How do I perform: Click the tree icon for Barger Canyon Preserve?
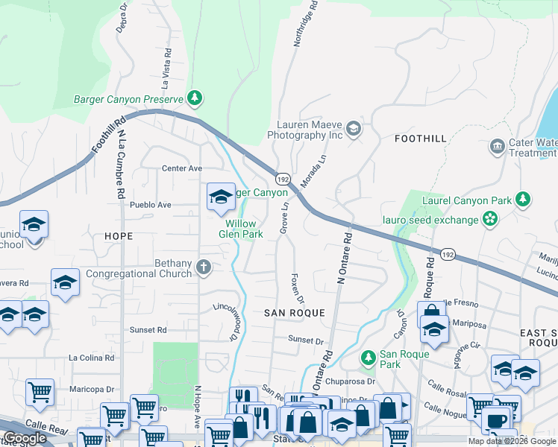tap(195, 98)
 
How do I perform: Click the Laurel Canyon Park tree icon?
tap(524, 199)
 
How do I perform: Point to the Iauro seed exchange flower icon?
tap(490, 219)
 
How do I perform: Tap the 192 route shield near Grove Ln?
tap(283, 180)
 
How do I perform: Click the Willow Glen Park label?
tap(241, 229)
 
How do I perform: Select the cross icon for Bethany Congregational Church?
tap(204, 267)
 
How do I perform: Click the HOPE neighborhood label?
tap(119, 236)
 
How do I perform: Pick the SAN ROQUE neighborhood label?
tap(295, 314)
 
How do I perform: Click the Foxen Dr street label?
tap(296, 288)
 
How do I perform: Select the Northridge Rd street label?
tap(306, 24)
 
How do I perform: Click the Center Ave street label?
tap(182, 168)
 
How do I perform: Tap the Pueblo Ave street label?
tap(150, 204)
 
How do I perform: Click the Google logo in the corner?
tap(25, 439)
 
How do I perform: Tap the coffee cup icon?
tap(495, 419)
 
